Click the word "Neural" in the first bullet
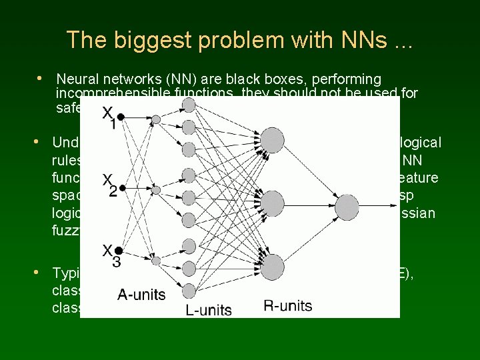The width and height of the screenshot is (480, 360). (77, 79)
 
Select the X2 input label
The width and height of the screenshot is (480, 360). (109, 185)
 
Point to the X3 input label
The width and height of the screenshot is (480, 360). (111, 257)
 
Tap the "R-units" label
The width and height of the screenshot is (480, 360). (288, 306)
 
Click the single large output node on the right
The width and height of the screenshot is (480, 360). (347, 207)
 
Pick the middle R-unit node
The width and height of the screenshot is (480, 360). (272, 204)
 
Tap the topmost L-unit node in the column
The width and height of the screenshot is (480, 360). (189, 105)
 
